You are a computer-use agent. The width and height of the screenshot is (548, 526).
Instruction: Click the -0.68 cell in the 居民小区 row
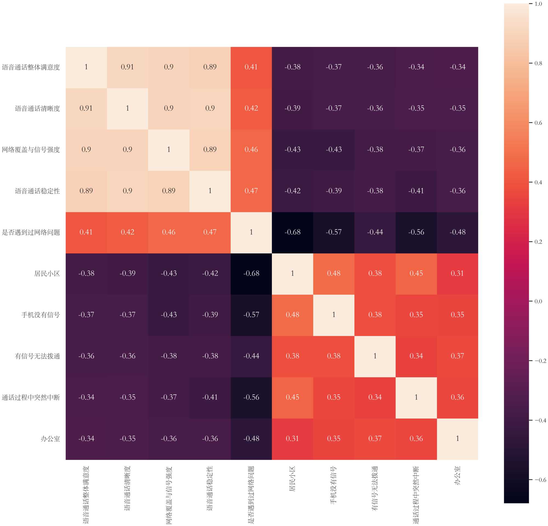tap(251, 274)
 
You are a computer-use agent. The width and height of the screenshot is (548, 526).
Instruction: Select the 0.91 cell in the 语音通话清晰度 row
tap(86, 108)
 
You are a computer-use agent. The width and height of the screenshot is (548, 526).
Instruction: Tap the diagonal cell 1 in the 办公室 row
tap(457, 439)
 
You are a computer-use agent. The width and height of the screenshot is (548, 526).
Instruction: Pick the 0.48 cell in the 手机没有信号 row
tap(292, 315)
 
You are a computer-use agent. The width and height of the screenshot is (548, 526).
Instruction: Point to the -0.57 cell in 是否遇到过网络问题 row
tap(333, 232)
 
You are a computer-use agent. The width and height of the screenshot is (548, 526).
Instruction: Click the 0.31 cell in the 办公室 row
tap(292, 439)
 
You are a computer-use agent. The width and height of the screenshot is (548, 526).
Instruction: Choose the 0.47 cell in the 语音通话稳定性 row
tap(251, 191)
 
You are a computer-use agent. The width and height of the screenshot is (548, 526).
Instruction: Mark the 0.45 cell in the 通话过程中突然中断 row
tap(292, 397)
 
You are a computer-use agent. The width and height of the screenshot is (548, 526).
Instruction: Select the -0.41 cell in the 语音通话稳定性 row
tap(416, 191)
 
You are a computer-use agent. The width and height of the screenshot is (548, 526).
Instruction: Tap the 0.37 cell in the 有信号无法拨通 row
tap(457, 356)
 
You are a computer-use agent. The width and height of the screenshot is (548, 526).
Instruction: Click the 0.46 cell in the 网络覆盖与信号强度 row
tap(251, 150)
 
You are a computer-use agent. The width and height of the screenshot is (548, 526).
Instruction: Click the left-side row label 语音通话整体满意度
tap(31, 67)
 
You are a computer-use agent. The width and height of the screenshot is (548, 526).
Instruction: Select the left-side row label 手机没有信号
tap(41, 315)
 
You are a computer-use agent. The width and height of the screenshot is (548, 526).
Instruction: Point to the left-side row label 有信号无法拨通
tap(38, 356)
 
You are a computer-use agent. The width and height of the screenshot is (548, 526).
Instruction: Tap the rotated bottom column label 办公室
tap(457, 476)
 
